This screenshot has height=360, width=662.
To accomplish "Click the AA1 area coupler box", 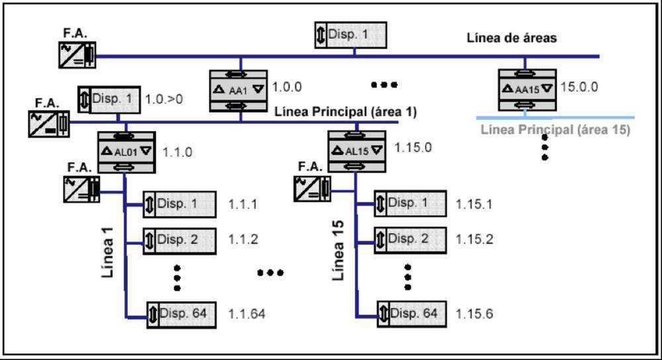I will (238, 88).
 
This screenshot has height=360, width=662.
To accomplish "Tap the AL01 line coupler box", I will (126, 151).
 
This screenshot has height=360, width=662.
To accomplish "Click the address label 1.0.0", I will (287, 86).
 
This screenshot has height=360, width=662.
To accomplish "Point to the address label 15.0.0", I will (579, 86).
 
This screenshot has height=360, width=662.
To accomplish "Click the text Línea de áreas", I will (512, 38).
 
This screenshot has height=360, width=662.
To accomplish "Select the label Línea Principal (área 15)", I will (555, 130).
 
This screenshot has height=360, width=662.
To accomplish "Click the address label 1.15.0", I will (412, 147).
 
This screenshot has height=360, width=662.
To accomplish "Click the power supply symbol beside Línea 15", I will (312, 188).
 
